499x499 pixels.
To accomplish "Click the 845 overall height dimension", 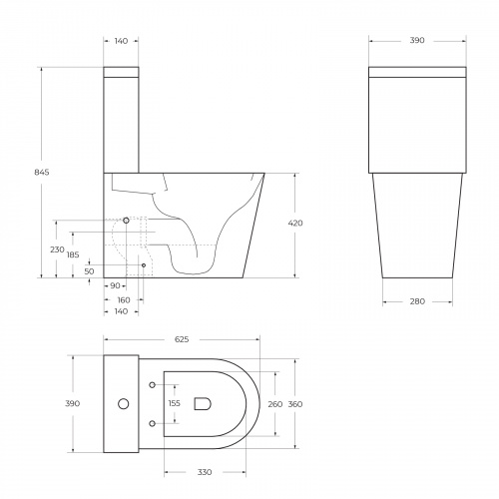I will click(x=41, y=173).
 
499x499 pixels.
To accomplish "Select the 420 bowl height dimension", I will click(x=295, y=223).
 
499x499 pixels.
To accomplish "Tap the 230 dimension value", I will click(x=57, y=249).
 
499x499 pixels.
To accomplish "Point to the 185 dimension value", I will click(x=72, y=255).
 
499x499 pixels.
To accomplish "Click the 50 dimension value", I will click(x=89, y=270).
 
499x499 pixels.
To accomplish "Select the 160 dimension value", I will click(x=123, y=299).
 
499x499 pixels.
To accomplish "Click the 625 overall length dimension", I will click(x=183, y=340).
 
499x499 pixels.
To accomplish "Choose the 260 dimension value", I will click(x=275, y=403).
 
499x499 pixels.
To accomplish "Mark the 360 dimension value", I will click(x=295, y=403).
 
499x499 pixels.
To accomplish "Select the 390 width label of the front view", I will click(x=416, y=41).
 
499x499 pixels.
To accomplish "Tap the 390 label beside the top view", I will click(x=73, y=403).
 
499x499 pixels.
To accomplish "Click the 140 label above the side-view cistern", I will click(x=122, y=41).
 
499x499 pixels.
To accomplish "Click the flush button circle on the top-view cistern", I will click(x=123, y=404).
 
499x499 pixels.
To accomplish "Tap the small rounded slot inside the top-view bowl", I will click(x=203, y=404).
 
